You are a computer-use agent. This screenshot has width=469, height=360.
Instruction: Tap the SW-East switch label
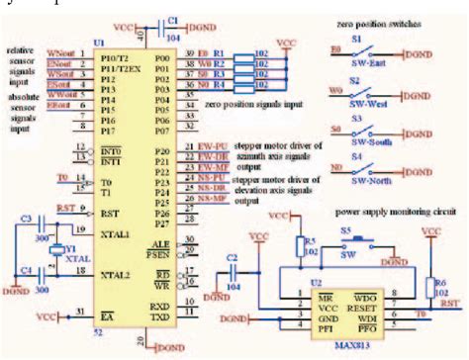coord(369,60)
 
